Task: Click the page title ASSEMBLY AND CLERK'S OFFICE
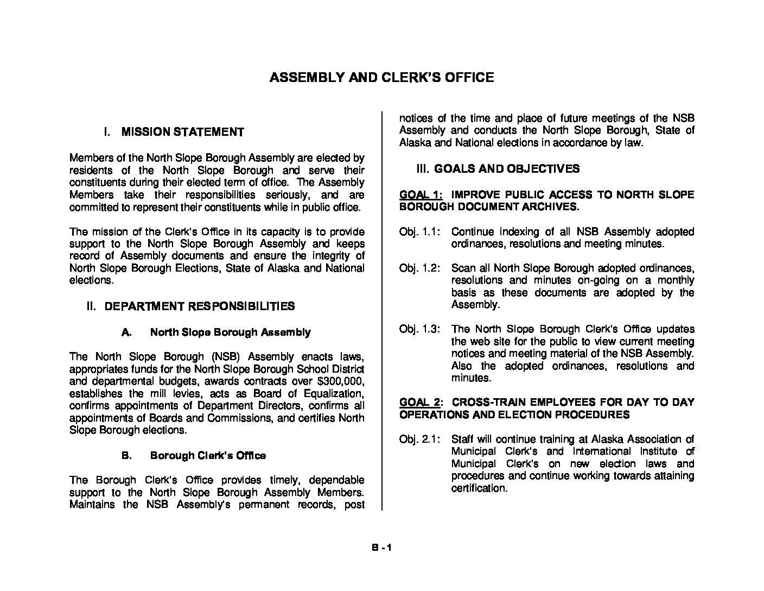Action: click(381, 78)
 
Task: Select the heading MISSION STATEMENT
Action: click(183, 132)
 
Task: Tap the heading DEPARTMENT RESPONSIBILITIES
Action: click(199, 306)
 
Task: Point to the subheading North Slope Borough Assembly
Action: click(230, 332)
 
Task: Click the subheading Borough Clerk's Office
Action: click(208, 455)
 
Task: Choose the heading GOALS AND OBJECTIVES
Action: click(507, 169)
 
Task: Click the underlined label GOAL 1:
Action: click(421, 194)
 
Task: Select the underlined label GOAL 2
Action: click(419, 403)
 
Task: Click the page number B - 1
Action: click(381, 548)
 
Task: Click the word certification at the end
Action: click(479, 488)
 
